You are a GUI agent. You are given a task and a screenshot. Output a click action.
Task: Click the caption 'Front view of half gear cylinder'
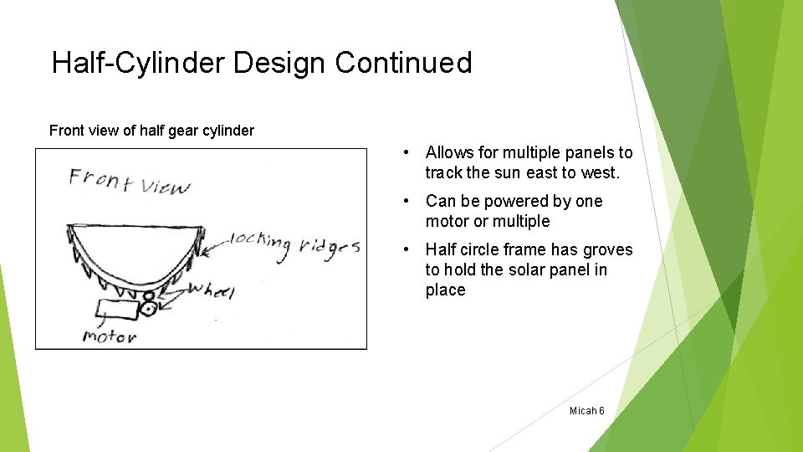click(151, 131)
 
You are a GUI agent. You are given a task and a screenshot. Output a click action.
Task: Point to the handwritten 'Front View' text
click(129, 180)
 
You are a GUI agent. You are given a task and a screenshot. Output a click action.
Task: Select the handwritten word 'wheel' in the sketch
click(211, 290)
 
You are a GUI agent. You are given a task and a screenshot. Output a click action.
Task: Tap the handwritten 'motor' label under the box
click(109, 336)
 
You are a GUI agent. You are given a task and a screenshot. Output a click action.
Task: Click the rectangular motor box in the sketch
click(117, 311)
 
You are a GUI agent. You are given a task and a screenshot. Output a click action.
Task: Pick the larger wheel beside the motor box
click(150, 309)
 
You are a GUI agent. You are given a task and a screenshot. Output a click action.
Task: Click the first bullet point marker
click(404, 153)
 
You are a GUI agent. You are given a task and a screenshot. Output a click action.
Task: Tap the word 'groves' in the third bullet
click(607, 250)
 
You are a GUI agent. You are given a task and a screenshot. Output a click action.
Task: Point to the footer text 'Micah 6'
click(586, 411)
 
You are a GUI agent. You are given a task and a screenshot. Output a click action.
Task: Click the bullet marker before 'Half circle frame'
click(404, 250)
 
